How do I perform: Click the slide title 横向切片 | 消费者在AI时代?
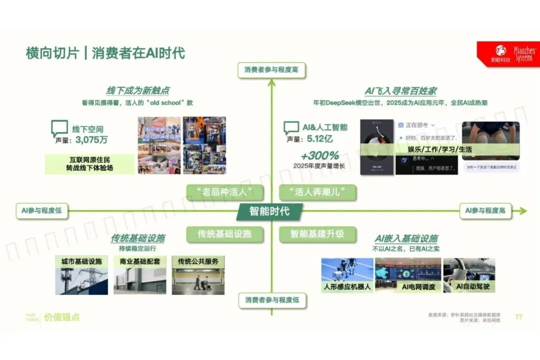[105, 53]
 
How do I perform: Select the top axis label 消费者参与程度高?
[271, 70]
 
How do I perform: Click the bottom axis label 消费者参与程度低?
[271, 300]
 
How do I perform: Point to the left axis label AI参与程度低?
[41, 210]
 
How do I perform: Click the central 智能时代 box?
[269, 211]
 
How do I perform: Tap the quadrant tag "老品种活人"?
[224, 191]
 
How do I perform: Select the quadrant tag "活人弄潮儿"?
[317, 191]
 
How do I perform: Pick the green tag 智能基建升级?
[317, 233]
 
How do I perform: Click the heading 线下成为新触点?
[137, 90]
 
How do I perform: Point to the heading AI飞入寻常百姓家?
[400, 90]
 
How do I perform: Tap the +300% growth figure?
[319, 155]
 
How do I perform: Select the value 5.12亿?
[320, 138]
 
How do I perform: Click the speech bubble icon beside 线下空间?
[59, 128]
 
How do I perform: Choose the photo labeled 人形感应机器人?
[347, 276]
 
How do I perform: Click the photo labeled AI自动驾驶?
[469, 276]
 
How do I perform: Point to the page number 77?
[518, 316]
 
